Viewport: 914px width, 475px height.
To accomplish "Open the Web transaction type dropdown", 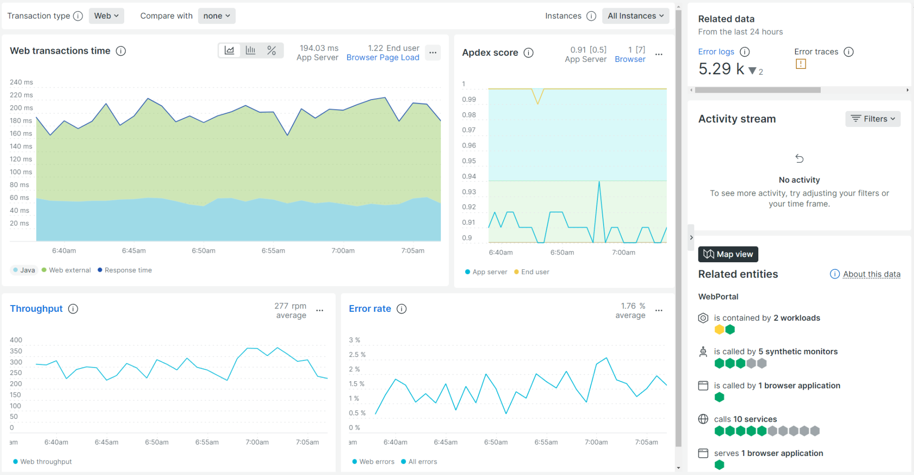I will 106,16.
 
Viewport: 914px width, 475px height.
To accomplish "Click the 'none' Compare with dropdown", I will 217,16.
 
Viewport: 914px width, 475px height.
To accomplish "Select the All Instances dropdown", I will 635,16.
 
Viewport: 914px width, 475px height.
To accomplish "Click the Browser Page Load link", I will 383,58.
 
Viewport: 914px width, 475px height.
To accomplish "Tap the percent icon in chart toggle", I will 271,50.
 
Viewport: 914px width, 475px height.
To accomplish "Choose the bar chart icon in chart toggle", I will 250,50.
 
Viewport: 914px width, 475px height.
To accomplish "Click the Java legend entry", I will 24,270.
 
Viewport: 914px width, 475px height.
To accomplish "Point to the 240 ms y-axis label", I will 21,82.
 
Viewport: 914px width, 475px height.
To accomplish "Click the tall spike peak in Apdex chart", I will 599,182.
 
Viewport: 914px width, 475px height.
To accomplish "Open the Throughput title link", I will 36,309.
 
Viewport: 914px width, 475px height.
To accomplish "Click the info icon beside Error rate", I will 402,309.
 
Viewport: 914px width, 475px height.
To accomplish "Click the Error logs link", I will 716,52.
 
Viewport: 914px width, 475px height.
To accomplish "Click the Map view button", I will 728,254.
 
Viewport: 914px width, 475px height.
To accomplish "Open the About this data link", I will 871,274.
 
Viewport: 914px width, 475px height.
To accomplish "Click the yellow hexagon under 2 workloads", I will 719,329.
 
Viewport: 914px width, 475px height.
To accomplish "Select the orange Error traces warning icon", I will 801,64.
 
